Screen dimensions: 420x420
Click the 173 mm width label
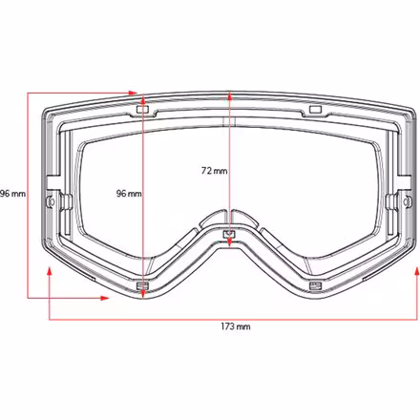click(x=236, y=327)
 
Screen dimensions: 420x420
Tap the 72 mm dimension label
click(x=214, y=172)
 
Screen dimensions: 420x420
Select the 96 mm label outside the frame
click(x=12, y=194)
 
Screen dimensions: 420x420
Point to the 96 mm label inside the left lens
click(x=128, y=194)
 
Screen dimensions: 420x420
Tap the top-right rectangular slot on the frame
click(x=313, y=111)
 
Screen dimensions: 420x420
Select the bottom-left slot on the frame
click(x=143, y=285)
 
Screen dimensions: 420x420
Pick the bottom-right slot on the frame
click(x=312, y=285)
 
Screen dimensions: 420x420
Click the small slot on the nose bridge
click(x=228, y=233)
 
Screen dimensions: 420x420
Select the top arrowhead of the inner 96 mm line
click(x=143, y=96)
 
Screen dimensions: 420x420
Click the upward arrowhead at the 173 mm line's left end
click(x=50, y=272)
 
